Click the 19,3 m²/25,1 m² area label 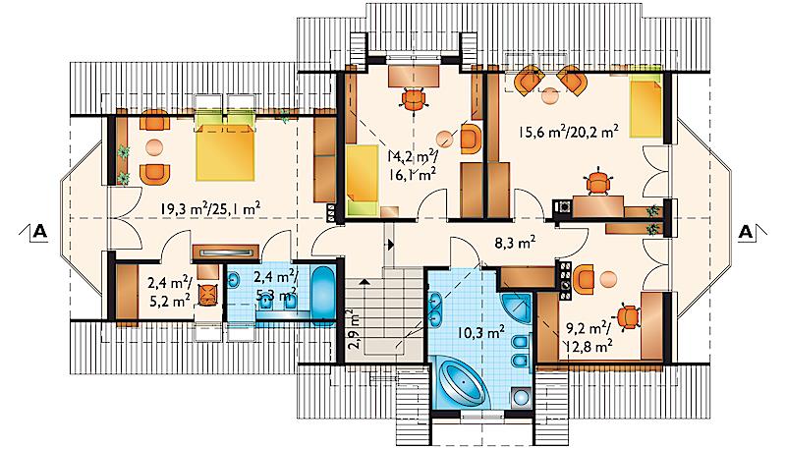[x=209, y=208]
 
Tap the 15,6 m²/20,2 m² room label [x=568, y=133]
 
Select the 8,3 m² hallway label [x=515, y=243]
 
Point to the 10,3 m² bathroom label [x=480, y=333]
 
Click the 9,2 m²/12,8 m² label [x=589, y=336]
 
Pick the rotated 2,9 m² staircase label [x=354, y=330]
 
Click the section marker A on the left [x=40, y=231]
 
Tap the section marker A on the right [x=746, y=232]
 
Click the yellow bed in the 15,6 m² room [x=646, y=107]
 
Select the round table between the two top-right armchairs [x=549, y=95]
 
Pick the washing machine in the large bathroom [x=521, y=398]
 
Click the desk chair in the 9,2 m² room [x=628, y=316]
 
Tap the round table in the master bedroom [x=154, y=147]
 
